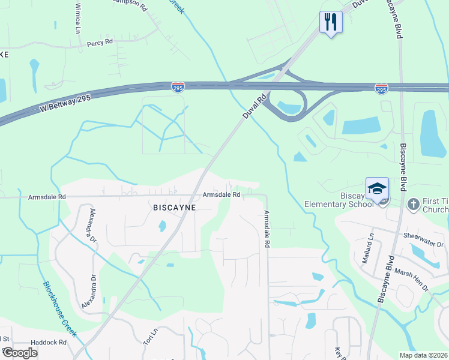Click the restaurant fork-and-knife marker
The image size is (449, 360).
(x=331, y=22)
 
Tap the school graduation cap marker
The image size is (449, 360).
(x=377, y=188)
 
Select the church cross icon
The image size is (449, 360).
(x=413, y=205)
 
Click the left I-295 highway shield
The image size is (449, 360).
(x=178, y=87)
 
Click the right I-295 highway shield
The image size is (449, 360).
(x=381, y=89)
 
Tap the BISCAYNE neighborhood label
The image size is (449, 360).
(x=173, y=207)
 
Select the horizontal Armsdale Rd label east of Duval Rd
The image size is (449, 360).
(x=221, y=194)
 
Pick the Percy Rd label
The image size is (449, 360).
(x=100, y=43)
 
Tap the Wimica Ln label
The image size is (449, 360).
(x=77, y=20)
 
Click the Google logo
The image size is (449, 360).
(x=20, y=353)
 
